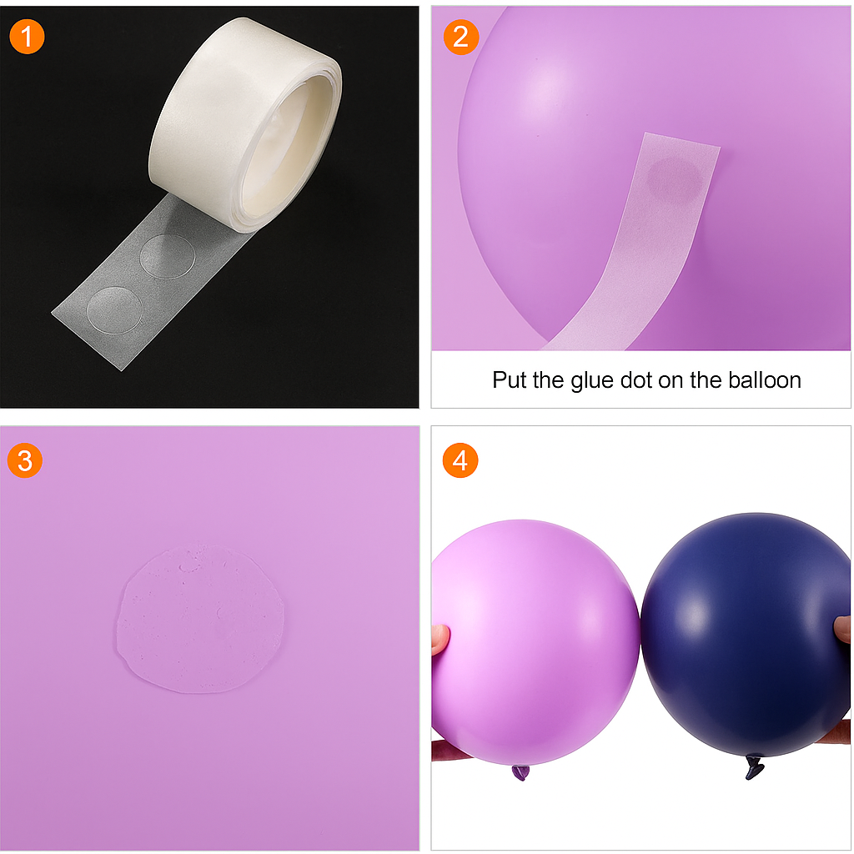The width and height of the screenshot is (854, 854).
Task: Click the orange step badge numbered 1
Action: [x=27, y=37]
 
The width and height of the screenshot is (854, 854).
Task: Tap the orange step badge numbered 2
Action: [x=460, y=37]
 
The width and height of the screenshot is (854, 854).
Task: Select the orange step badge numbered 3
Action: [x=25, y=460]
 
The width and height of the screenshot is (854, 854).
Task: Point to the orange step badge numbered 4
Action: [x=460, y=460]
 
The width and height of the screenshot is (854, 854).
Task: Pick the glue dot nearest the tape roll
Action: [x=167, y=256]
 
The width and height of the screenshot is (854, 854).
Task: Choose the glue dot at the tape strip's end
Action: [x=114, y=309]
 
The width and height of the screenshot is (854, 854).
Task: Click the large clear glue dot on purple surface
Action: [x=200, y=619]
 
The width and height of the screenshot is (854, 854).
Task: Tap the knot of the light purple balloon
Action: [x=520, y=771]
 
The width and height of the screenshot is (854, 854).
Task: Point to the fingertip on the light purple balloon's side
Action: [x=440, y=639]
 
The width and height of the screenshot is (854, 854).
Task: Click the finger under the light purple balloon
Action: [x=451, y=750]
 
